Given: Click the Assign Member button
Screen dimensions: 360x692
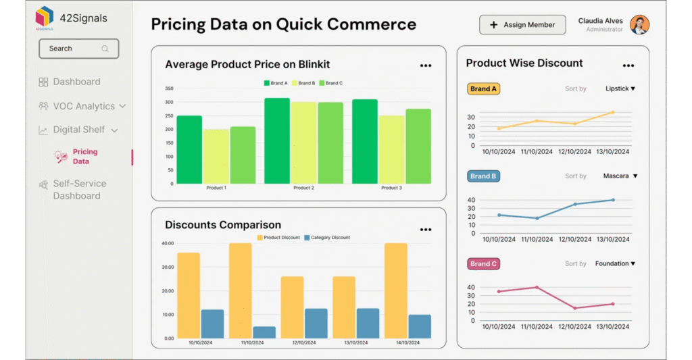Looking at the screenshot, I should click(x=522, y=25).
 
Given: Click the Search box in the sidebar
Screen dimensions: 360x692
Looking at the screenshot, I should click(x=78, y=49).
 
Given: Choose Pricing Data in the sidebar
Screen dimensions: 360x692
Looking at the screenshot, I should click(x=84, y=157).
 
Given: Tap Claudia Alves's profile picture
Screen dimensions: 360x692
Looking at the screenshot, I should click(x=639, y=25).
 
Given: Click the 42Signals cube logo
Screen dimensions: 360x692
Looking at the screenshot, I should click(x=45, y=16).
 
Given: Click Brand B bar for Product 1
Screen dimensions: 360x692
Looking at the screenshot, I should click(x=216, y=157).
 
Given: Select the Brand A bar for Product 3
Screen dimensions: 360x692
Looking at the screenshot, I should click(x=365, y=142).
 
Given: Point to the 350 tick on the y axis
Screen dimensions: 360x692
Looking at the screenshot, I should click(x=169, y=88).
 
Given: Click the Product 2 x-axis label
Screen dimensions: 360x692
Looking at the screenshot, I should click(x=303, y=188).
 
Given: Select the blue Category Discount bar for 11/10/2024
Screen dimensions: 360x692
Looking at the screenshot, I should click(x=264, y=332).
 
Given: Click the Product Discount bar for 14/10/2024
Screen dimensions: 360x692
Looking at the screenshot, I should click(x=395, y=290).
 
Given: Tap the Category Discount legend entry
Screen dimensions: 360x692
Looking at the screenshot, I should click(x=327, y=238).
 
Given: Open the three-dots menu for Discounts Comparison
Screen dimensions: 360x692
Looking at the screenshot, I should click(x=426, y=230).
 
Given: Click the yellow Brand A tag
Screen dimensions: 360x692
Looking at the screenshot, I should click(x=483, y=88).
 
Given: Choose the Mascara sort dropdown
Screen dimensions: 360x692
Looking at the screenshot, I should click(x=620, y=176).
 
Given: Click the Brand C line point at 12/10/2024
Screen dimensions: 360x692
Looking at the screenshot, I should click(x=575, y=308).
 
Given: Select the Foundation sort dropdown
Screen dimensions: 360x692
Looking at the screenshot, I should click(x=616, y=263).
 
